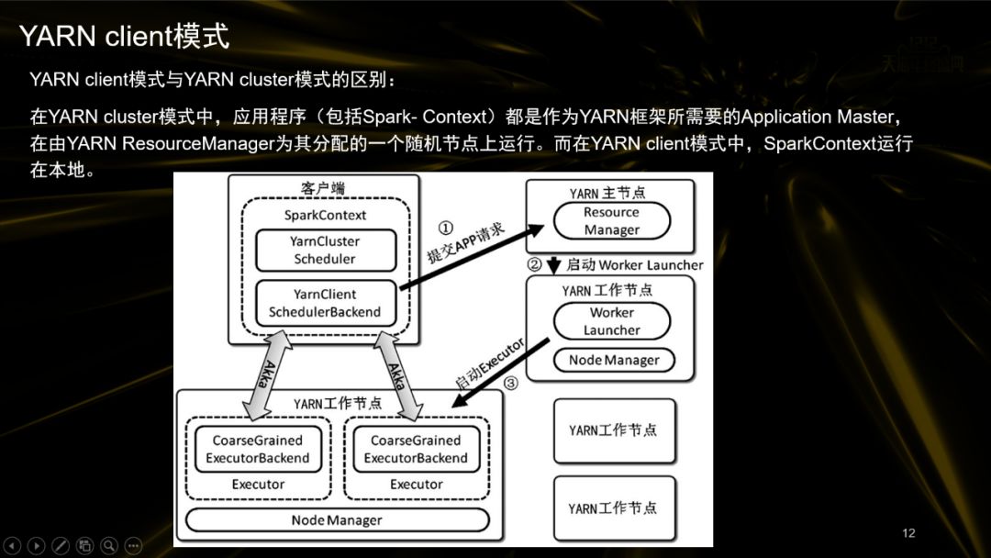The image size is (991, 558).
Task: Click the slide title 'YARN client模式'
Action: coord(124,37)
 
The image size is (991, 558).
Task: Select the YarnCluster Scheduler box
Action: coord(325,251)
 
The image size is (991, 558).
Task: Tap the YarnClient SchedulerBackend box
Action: coord(325,304)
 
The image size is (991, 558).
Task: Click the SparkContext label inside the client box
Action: coord(325,215)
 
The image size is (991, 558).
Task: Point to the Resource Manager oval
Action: coord(611,221)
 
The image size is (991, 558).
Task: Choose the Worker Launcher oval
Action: coord(611,321)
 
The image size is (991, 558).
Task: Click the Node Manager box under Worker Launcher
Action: coord(613,360)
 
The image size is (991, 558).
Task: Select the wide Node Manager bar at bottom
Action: coord(337,520)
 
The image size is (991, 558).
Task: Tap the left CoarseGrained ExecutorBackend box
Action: coord(258,449)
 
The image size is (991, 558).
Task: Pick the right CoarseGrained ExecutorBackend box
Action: coord(416,449)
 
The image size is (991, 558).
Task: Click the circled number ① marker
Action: coord(446,228)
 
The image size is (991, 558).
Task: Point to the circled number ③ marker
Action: coord(511,383)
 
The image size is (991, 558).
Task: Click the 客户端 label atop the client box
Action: coord(323,188)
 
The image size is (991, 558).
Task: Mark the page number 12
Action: coord(909,533)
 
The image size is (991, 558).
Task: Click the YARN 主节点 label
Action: coord(607,194)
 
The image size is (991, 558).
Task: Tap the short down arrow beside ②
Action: coord(553,266)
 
